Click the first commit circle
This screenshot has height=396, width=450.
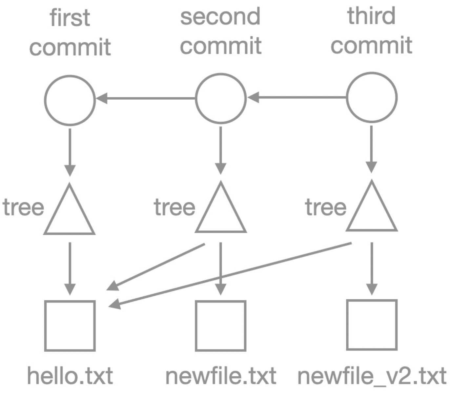tap(70, 100)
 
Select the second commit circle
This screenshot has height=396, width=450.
tap(221, 98)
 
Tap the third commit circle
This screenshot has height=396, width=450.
tap(372, 97)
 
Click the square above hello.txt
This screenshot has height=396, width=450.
tap(70, 326)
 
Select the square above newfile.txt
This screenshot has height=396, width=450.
tap(221, 326)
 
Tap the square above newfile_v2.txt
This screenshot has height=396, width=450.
tap(372, 325)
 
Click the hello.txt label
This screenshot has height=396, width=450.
tap(70, 376)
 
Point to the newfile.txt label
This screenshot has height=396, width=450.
tap(221, 376)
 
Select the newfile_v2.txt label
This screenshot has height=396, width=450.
tap(372, 376)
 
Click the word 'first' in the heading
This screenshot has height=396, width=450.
tap(70, 18)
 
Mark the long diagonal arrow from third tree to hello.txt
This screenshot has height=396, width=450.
tap(230, 275)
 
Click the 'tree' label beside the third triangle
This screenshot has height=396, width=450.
tap(325, 207)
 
